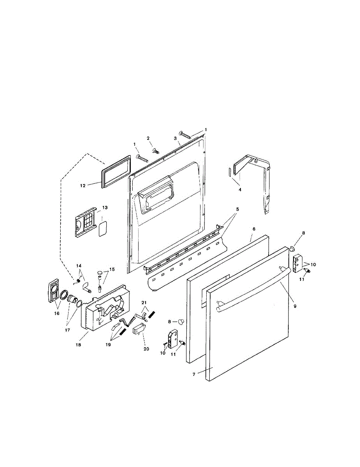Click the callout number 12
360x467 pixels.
83,186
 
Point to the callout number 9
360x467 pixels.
295,306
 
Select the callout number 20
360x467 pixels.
146,349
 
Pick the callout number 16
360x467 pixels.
57,313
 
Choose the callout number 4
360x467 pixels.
240,190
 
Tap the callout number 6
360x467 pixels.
254,229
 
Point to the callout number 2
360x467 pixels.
148,138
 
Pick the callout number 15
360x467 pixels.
112,269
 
